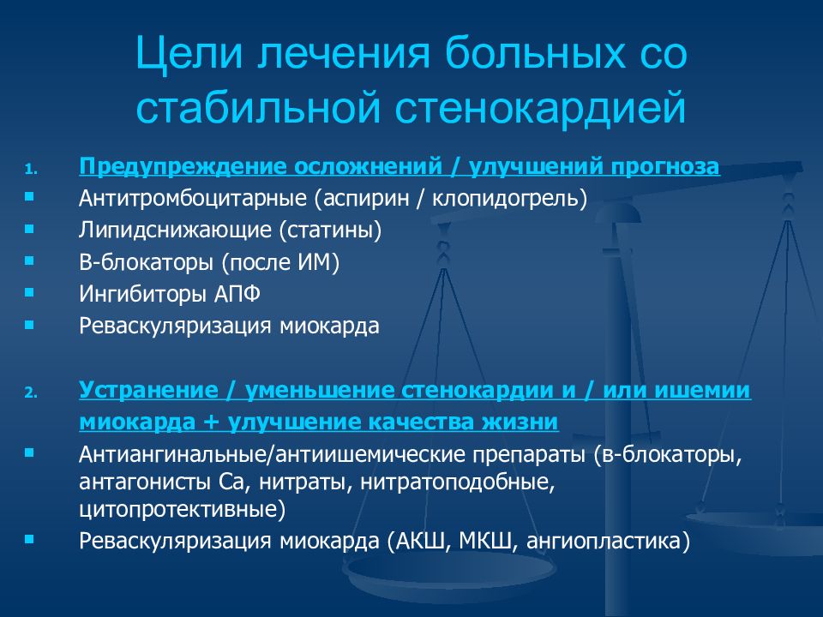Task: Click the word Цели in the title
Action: (189, 53)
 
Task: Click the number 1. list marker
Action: (31, 170)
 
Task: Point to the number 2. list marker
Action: (31, 393)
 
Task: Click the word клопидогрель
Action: (505, 198)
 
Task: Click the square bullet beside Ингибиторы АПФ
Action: (29, 293)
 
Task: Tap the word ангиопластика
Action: (602, 542)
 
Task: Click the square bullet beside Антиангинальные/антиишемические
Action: (29, 452)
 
